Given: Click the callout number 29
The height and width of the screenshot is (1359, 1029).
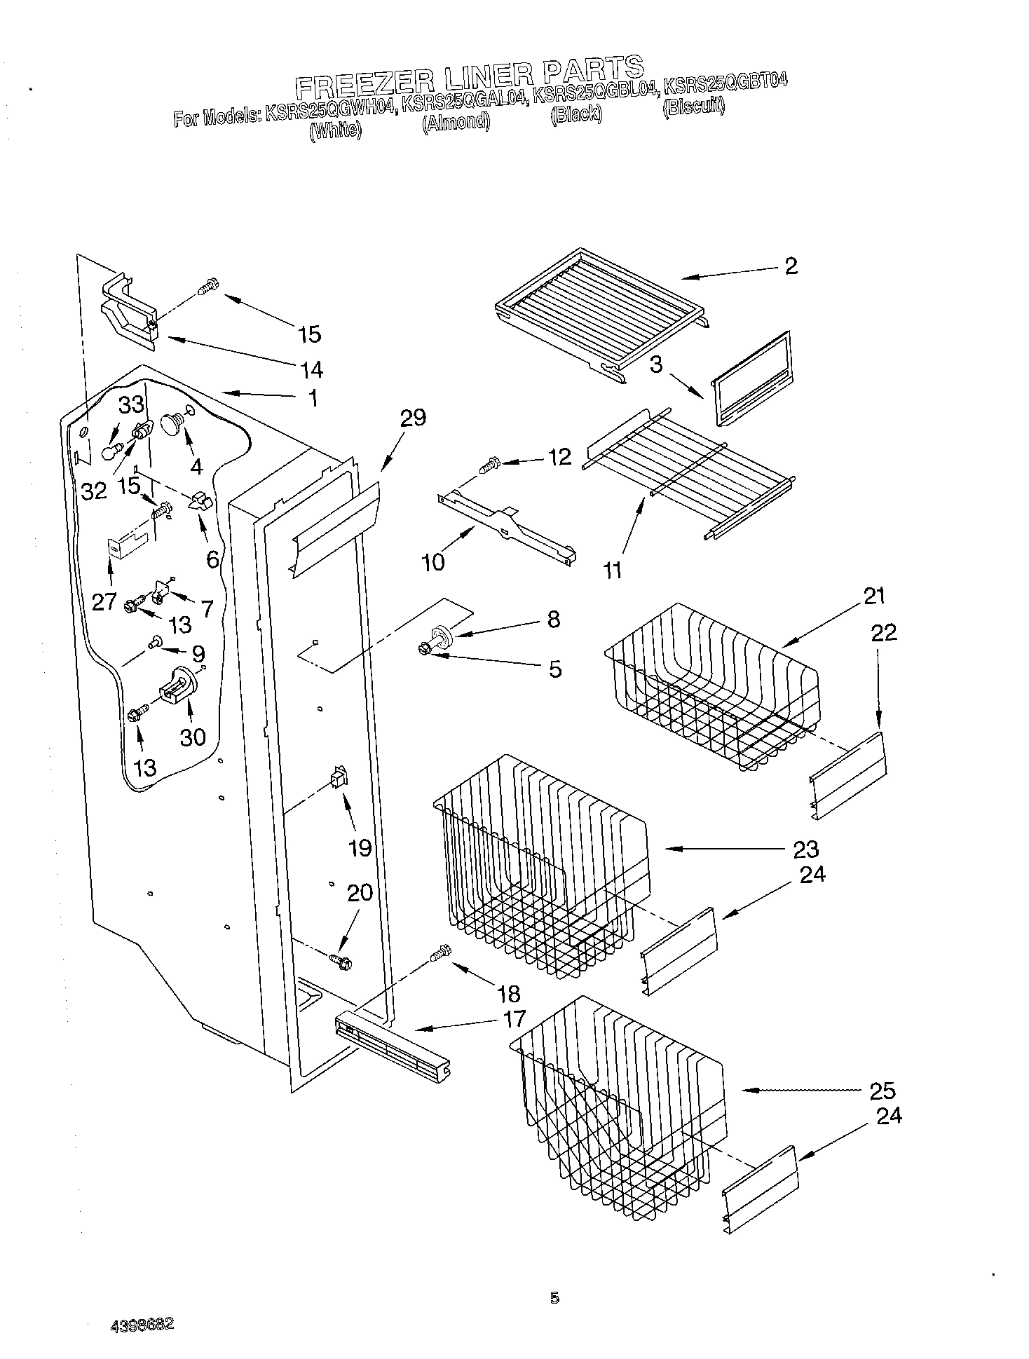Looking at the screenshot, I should tap(413, 418).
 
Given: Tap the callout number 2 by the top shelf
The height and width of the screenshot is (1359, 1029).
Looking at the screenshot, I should tap(791, 266).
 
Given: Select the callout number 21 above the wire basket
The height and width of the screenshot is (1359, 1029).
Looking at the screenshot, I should tap(874, 596).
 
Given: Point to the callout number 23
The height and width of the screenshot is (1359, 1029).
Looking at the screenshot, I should tap(806, 849).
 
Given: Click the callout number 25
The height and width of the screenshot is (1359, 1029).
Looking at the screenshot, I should tap(883, 1091).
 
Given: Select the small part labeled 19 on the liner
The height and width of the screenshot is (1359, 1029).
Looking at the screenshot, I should tap(339, 779).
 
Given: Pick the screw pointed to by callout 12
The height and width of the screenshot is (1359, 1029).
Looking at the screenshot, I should tap(489, 464).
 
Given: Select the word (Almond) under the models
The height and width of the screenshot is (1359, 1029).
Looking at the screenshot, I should tap(456, 122).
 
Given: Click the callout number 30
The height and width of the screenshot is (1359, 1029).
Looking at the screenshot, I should tap(193, 737).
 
